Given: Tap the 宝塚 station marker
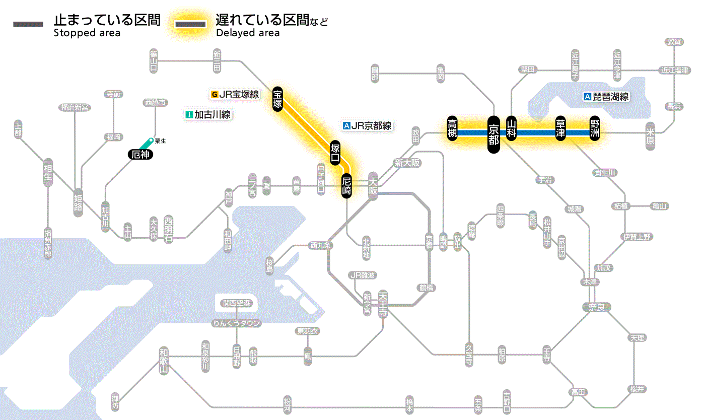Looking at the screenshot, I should coord(277,99).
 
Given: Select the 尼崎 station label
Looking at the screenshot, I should coord(346,186).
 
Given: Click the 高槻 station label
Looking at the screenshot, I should coord(453,129).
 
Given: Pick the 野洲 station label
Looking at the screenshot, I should coord(595,129).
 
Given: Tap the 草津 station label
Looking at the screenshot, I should coord(560,129).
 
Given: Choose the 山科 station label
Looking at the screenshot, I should coord(512,129).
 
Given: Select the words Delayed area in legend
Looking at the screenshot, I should coord(247,33).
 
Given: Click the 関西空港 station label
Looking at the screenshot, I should coord(237,303).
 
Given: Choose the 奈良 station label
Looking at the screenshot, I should coord(596,307).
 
